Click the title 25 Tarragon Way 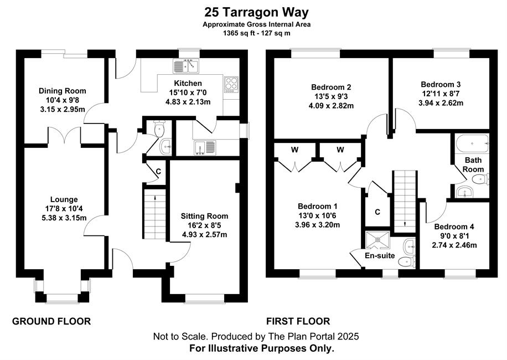click(256, 12)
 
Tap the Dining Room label click(63, 91)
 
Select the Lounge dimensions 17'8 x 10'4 click(64, 209)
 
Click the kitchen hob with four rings click(231, 84)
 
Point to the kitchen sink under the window click(186, 66)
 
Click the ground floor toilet click(159, 128)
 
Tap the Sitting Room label click(204, 216)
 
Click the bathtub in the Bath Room click(472, 143)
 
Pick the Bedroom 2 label click(331, 87)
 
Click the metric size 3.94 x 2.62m click(441, 103)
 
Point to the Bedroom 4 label click(454, 227)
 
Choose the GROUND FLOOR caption click(51, 322)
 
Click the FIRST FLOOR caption click(298, 322)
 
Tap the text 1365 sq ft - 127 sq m click(256, 33)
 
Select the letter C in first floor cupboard click(377, 212)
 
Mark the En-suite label click(380, 255)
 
